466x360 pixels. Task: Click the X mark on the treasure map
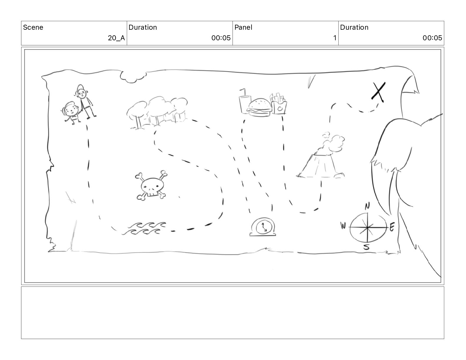tap(379, 92)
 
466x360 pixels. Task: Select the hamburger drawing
tap(259, 107)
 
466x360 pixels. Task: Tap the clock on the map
tap(263, 227)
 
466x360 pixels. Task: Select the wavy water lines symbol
tap(144, 228)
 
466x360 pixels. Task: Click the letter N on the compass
tap(367, 206)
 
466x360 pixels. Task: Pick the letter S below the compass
tap(367, 247)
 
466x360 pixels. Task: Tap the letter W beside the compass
tap(343, 226)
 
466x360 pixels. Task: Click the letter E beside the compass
tap(392, 227)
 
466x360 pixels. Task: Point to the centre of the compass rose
tap(367, 227)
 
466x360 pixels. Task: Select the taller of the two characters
tap(85, 101)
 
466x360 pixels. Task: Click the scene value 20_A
tap(116, 38)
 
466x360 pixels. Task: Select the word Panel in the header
tap(243, 27)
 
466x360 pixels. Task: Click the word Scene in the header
tap(33, 27)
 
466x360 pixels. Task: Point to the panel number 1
tap(335, 38)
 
